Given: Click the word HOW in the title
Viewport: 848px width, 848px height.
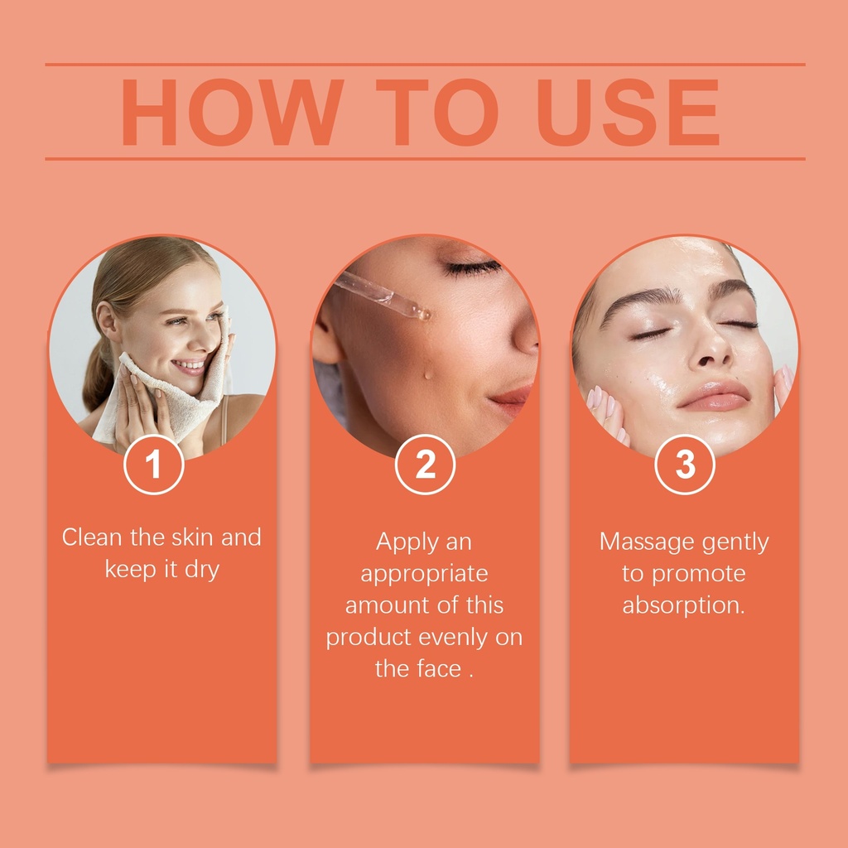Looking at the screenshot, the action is (x=233, y=113).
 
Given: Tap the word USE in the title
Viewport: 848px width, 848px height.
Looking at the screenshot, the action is (x=628, y=113).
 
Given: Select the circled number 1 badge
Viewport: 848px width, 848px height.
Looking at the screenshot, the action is (x=153, y=464).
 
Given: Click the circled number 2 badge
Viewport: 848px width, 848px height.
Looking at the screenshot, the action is (x=425, y=464).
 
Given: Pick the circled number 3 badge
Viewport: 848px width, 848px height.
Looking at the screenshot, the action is (x=685, y=464).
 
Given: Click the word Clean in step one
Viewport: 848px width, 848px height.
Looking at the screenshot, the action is (x=92, y=537).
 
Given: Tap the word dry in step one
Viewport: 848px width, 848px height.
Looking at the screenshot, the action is (x=202, y=570).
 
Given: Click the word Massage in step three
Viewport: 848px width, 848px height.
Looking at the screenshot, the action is (x=640, y=542).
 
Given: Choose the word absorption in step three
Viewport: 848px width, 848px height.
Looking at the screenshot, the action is (x=683, y=605).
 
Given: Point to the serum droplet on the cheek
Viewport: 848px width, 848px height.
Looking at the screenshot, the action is (x=428, y=373).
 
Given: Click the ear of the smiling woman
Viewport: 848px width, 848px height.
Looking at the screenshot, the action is (x=107, y=321).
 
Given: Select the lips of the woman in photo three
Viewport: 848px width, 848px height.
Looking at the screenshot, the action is (x=714, y=396).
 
